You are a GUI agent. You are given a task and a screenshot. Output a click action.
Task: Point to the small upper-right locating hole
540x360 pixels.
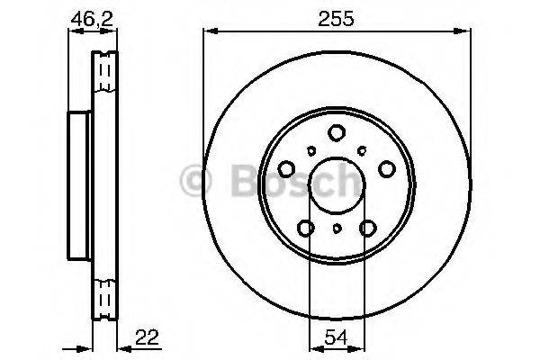(363, 150)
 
